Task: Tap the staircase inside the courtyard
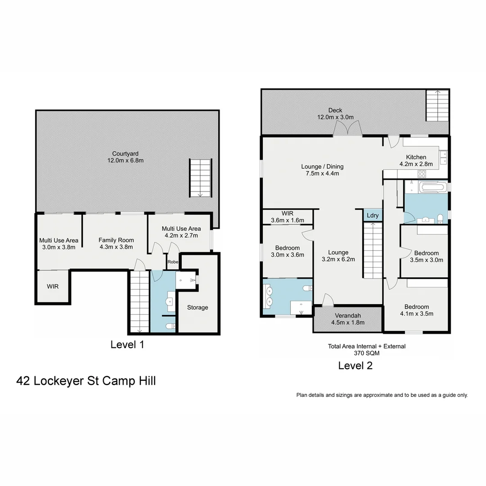200,178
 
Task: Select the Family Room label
116,240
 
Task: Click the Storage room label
198,307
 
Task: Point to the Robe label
173,262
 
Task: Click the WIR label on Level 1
53,286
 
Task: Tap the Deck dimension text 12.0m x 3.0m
335,117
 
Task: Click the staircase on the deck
437,105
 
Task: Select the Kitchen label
416,157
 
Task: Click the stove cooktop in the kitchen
422,173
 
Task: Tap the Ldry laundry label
373,216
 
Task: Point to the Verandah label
347,315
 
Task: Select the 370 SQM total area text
366,353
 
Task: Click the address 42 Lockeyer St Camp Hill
86,381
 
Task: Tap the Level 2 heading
355,365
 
